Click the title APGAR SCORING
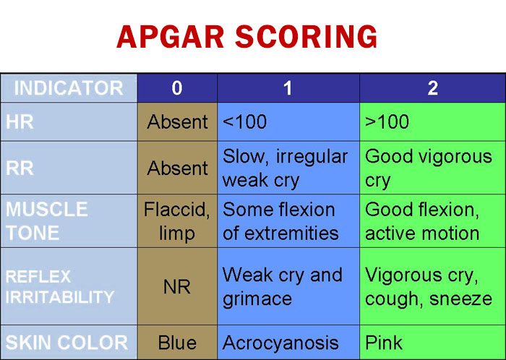pos(247,37)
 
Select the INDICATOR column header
pos(69,88)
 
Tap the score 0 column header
pos(177,88)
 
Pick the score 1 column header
pos(288,88)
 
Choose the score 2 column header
pos(432,88)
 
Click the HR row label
pos(20,122)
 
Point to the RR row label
pos(20,168)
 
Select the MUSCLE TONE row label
pos(47,221)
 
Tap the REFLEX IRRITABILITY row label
pos(60,287)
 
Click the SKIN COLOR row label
pos(67,343)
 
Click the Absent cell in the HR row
pos(177,122)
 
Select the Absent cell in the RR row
pos(177,168)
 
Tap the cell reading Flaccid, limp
pos(177,221)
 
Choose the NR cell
pos(177,286)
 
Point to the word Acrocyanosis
pos(280,343)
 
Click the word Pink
pos(384,343)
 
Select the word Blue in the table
pos(177,343)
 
